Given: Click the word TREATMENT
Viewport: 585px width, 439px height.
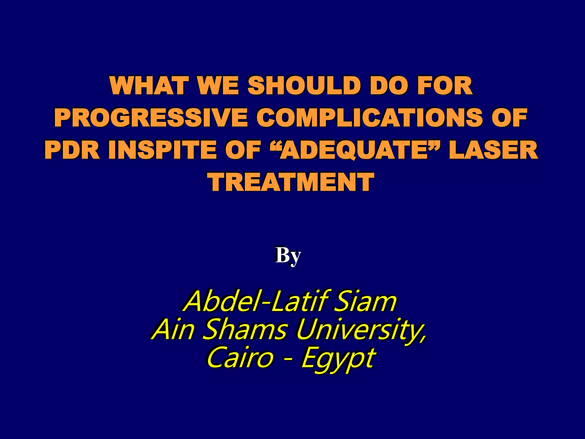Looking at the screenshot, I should coord(291,182).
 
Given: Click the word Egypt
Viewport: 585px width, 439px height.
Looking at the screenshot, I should coord(337,360).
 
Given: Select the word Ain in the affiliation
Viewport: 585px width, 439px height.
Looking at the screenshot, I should coord(173,330).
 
